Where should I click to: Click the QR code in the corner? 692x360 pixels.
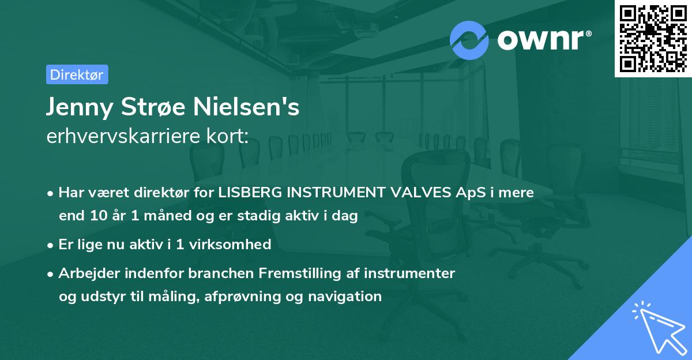pyautogui.click(x=653, y=38)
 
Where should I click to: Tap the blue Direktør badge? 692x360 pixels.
pyautogui.click(x=77, y=74)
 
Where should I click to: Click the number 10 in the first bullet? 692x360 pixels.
pyautogui.click(x=97, y=216)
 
